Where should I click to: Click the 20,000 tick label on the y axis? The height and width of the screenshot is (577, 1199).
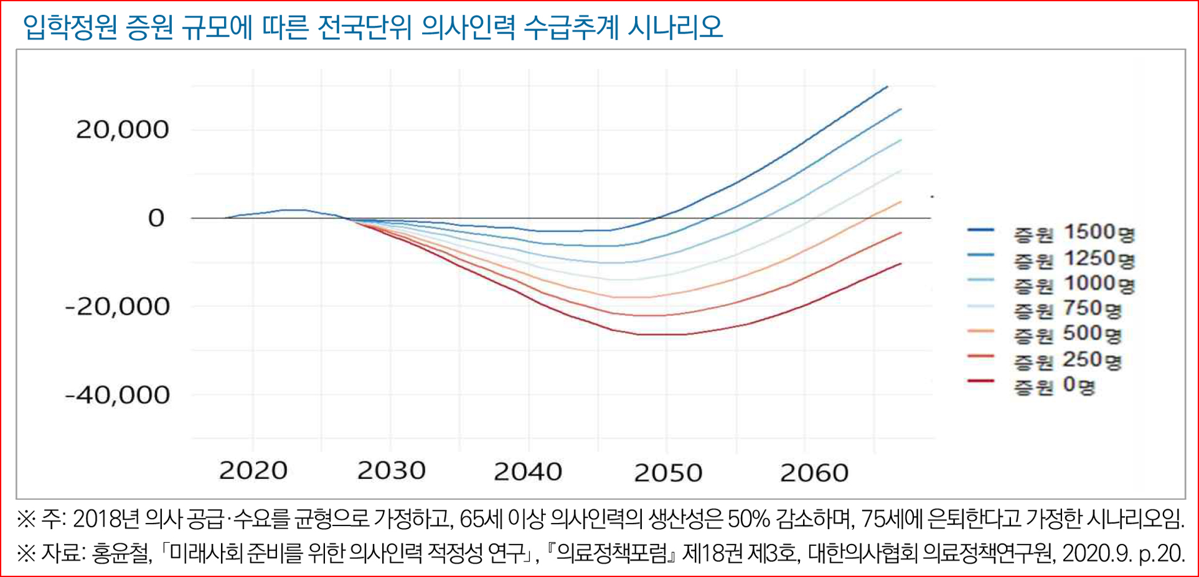coord(123,130)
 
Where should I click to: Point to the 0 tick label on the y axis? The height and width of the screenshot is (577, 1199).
coord(156,218)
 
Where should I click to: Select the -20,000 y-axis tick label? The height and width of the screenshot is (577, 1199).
coord(118,307)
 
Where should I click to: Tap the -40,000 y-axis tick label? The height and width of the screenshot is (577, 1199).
coord(118,395)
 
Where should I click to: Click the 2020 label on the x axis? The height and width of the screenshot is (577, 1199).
coord(253,471)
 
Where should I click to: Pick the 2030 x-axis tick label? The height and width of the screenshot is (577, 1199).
coord(391,471)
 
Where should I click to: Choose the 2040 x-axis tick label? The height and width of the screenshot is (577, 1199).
coord(528,471)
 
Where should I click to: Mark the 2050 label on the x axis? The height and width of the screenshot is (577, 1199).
coord(668,473)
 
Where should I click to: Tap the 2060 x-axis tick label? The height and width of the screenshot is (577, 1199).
coord(814,473)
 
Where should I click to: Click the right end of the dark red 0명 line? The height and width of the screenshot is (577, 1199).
coord(901,264)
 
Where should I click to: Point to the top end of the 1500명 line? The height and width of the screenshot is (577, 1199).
coord(887,86)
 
